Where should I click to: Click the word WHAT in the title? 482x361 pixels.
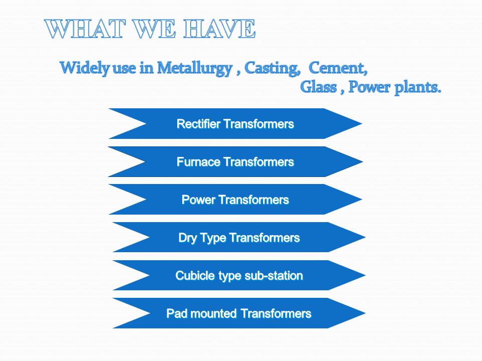click(x=85, y=29)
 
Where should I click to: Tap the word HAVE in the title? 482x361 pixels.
click(x=219, y=29)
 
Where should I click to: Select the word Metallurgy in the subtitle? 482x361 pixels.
click(x=195, y=69)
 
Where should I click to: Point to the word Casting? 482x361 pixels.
click(x=272, y=69)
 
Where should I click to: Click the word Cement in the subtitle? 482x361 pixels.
click(x=338, y=68)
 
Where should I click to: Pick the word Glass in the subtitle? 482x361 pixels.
click(x=318, y=87)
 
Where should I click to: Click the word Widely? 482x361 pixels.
click(x=84, y=68)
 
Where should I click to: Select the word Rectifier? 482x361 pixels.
click(x=199, y=124)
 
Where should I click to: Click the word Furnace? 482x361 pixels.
click(x=199, y=162)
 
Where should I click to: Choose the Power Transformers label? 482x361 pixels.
click(x=235, y=200)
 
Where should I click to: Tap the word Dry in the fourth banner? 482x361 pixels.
click(x=187, y=238)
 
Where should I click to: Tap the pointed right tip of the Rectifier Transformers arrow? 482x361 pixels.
click(x=362, y=123)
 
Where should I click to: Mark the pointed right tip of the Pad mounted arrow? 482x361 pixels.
click(x=365, y=313)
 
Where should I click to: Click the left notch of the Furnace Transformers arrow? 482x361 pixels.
click(x=146, y=162)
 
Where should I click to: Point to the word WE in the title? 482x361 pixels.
click(x=155, y=29)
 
